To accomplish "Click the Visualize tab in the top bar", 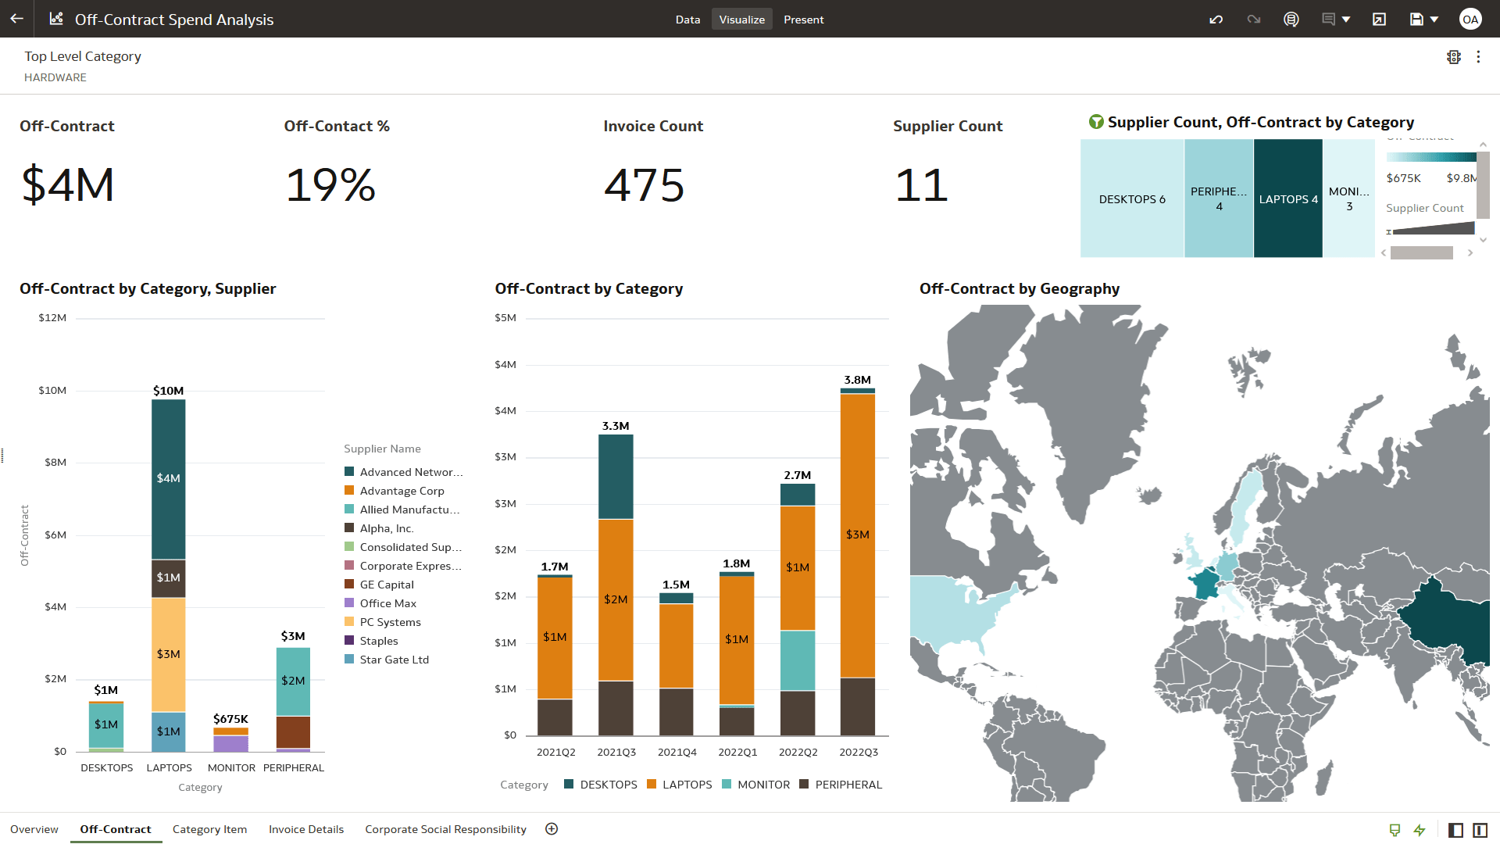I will click(741, 20).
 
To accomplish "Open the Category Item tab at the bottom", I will click(209, 829).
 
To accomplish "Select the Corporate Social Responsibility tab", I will click(445, 829).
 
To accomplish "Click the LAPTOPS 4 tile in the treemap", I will click(1287, 198).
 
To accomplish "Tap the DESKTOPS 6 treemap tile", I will click(1131, 198).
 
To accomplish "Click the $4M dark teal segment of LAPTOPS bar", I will click(168, 478).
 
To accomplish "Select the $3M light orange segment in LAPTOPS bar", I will click(168, 654).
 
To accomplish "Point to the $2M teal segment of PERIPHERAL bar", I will click(293, 681).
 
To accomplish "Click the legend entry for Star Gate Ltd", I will click(394, 660).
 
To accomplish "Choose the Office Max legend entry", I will click(387, 603).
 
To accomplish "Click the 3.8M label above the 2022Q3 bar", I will click(857, 380).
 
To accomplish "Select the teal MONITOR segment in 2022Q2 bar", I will click(797, 660).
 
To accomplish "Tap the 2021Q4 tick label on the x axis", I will click(677, 752).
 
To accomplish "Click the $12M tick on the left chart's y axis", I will click(52, 318).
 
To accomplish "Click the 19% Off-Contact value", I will click(330, 185).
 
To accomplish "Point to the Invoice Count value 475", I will click(644, 185).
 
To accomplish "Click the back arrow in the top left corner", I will click(16, 19).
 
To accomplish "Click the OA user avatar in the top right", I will click(1470, 20).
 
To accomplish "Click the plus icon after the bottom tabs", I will click(552, 829).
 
